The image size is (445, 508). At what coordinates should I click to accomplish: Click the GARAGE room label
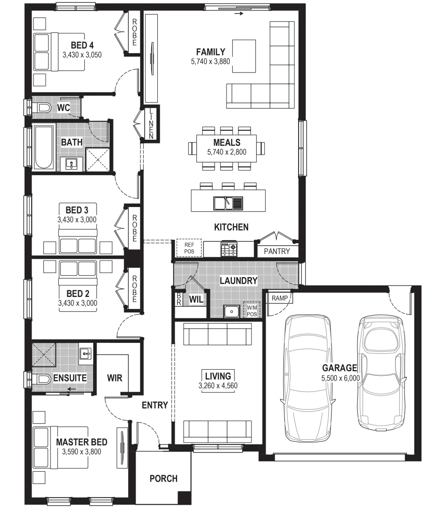[339, 368]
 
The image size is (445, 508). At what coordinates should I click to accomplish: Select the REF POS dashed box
[189, 248]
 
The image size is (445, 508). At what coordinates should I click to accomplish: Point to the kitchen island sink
[228, 203]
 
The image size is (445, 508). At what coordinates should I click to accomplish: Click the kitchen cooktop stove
[229, 249]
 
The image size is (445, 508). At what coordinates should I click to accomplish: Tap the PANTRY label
[277, 251]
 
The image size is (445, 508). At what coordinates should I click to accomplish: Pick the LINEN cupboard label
[151, 124]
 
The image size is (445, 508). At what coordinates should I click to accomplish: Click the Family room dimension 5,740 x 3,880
[210, 61]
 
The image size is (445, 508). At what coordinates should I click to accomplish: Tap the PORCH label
[163, 478]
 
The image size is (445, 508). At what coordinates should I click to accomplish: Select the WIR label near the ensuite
[115, 378]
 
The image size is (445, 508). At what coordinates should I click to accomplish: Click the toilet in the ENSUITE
[41, 379]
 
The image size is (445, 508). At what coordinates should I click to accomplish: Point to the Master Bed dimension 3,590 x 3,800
[81, 452]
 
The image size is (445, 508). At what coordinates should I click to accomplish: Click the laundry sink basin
[231, 311]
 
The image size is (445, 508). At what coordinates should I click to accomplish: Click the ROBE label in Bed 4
[134, 32]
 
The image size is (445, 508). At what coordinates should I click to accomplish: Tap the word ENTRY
[155, 405]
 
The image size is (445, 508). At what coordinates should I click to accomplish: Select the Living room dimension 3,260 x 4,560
[218, 386]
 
